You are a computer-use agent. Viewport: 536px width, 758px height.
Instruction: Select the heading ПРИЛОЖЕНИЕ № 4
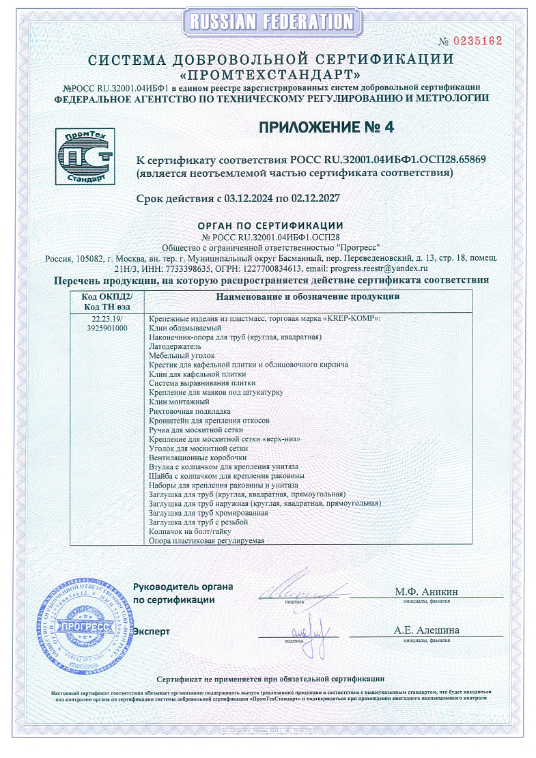(x=326, y=127)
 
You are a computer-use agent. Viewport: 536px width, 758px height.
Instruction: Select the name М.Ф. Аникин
(x=426, y=591)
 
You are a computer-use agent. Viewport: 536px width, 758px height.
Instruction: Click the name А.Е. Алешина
(x=426, y=630)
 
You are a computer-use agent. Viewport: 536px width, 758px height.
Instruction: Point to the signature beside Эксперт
(x=307, y=625)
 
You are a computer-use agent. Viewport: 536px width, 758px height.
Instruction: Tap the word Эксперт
(x=152, y=632)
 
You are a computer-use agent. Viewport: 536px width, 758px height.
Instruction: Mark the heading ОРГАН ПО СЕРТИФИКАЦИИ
(x=270, y=225)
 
